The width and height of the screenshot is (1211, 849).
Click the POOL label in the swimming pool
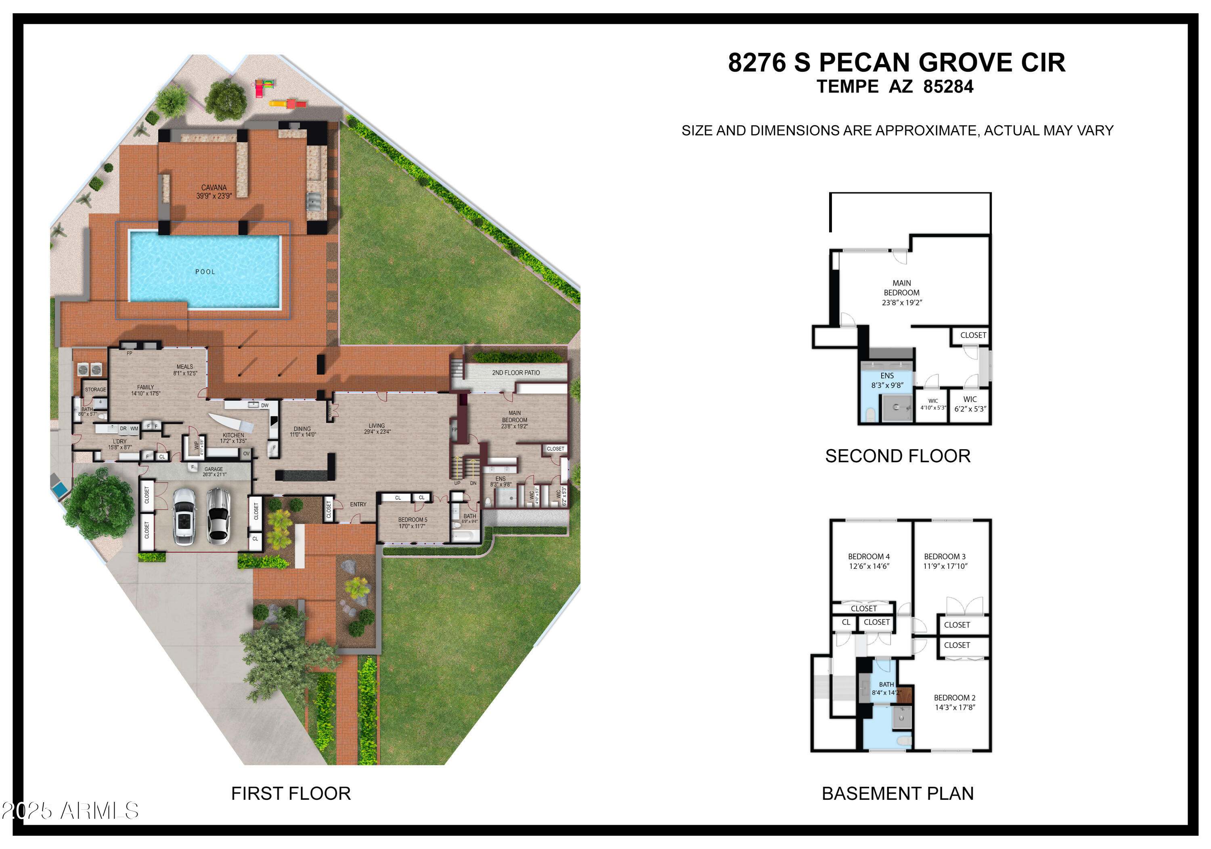click(x=205, y=272)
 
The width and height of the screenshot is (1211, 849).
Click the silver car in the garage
click(x=218, y=515)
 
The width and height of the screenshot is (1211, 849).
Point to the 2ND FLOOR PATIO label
click(x=515, y=373)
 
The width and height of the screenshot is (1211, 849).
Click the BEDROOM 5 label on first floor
click(x=413, y=523)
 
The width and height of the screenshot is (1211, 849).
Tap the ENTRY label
click(x=358, y=504)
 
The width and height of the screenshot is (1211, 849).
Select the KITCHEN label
click(x=233, y=438)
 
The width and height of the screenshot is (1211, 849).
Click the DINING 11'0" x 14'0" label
click(x=303, y=432)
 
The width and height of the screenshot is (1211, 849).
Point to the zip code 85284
click(x=948, y=86)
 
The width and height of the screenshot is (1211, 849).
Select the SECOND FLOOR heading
click(x=897, y=456)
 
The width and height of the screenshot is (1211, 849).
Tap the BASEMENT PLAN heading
click(x=897, y=793)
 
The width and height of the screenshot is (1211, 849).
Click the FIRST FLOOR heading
click(x=291, y=793)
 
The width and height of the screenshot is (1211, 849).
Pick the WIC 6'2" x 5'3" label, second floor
click(x=970, y=404)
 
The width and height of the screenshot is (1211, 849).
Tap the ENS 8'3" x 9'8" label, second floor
click(x=887, y=380)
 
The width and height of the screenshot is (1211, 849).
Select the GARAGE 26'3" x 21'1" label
click(x=214, y=471)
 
